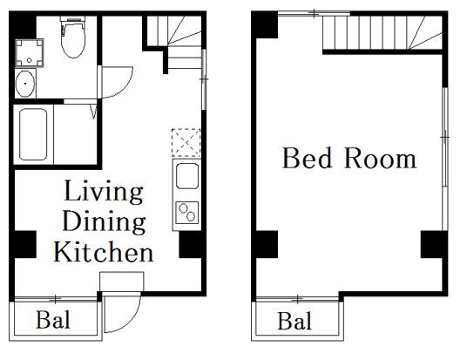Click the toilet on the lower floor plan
(71, 37)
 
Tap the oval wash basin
(26, 85)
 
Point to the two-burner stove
(186, 211)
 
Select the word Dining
(104, 221)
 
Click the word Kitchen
(104, 253)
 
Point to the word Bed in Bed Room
(304, 159)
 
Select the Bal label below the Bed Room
(294, 321)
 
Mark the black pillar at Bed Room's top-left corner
(266, 27)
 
